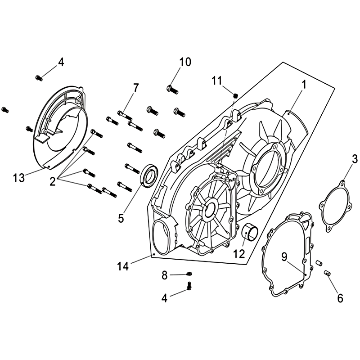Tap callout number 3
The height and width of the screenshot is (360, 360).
pyautogui.click(x=355, y=159)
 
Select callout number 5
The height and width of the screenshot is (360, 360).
pyautogui.click(x=121, y=218)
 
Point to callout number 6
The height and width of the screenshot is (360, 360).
pyautogui.click(x=340, y=298)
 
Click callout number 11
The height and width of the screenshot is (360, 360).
pyautogui.click(x=217, y=81)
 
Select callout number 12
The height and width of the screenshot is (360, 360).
pyautogui.click(x=238, y=254)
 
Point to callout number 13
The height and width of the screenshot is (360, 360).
pyautogui.click(x=18, y=178)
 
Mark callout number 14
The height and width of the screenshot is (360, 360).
pyautogui.click(x=123, y=266)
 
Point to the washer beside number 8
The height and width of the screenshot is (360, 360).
pyautogui.click(x=189, y=273)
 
